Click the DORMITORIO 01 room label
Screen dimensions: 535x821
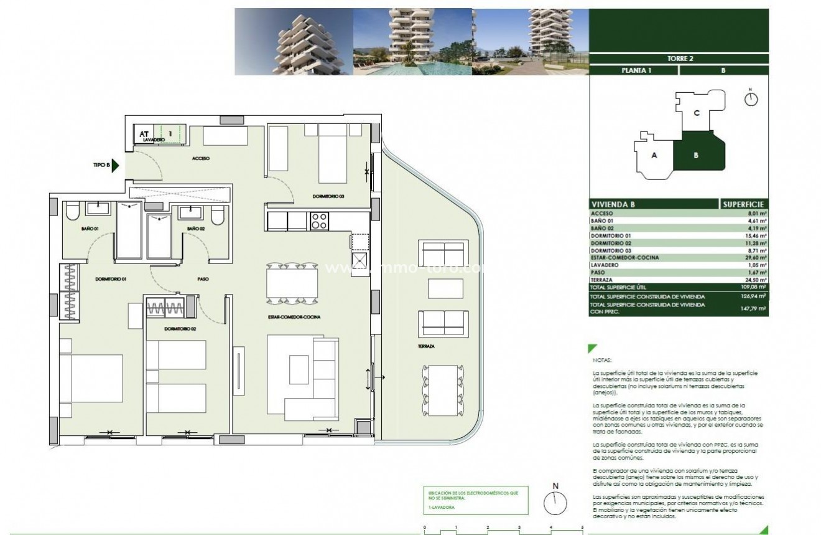[x=111, y=280]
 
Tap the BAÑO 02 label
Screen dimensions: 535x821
[x=196, y=229]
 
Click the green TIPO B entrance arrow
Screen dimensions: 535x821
[x=115, y=166]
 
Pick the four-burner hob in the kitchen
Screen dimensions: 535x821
[x=319, y=220]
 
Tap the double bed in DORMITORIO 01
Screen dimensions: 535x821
[x=91, y=378]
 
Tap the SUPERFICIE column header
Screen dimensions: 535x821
[x=744, y=204]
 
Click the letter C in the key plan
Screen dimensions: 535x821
[x=697, y=113]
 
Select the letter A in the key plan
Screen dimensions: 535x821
[x=654, y=156]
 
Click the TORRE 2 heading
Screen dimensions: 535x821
[x=678, y=59]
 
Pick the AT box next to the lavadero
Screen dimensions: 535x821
[x=144, y=133]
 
